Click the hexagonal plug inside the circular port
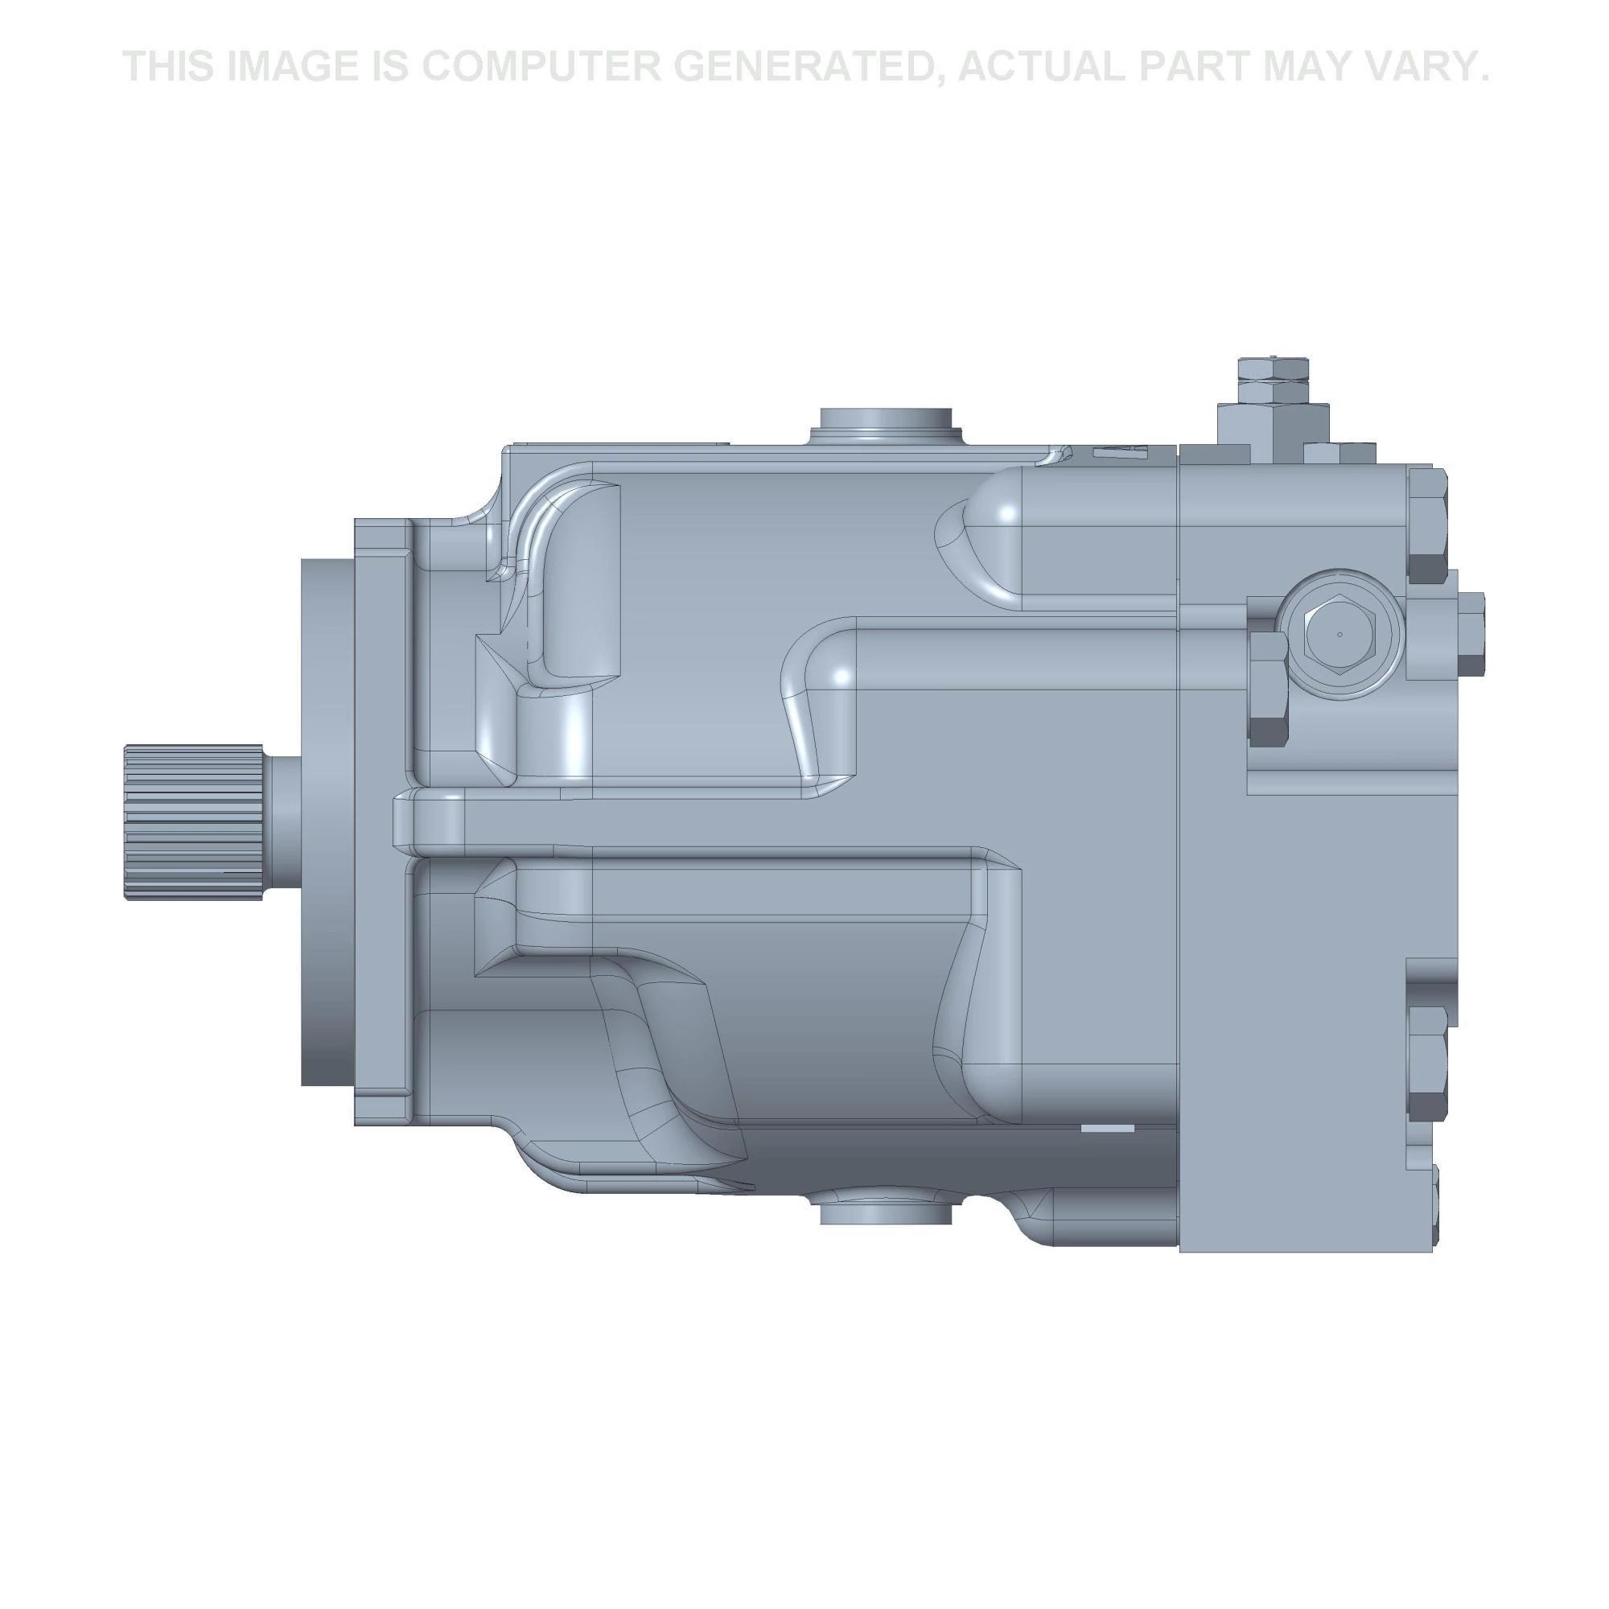(1339, 635)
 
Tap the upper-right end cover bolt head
(1426, 525)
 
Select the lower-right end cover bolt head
(1426, 1064)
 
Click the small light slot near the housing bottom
(1107, 1129)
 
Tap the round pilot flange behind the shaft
(327, 821)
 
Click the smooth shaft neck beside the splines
(282, 822)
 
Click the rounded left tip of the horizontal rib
(405, 822)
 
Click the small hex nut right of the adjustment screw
(1327, 454)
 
